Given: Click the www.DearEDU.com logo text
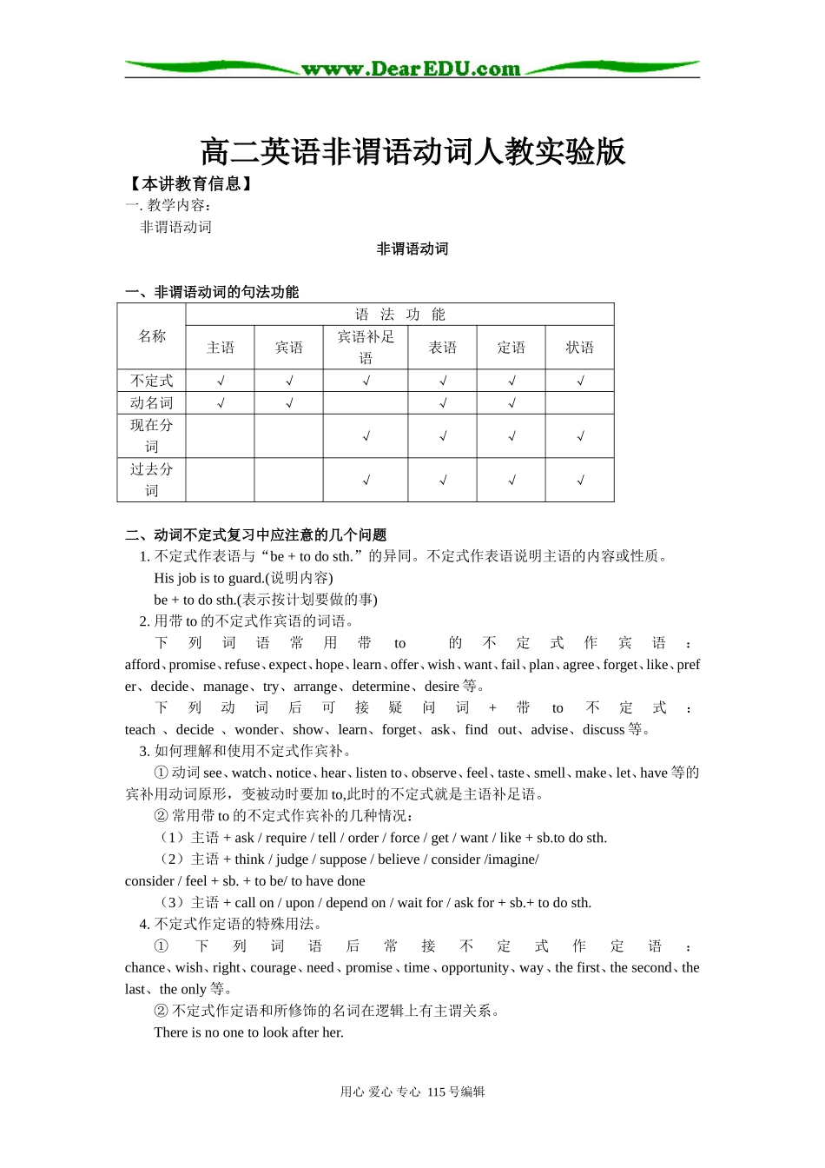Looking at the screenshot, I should click(x=411, y=69).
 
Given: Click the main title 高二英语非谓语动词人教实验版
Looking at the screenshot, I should click(x=412, y=152).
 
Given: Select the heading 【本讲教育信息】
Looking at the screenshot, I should click(x=190, y=184).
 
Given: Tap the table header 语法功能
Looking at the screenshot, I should click(x=399, y=315).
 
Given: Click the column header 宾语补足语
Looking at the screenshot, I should click(x=366, y=347).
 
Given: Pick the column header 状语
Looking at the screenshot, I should click(x=579, y=348).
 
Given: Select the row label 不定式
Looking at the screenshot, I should click(x=152, y=381).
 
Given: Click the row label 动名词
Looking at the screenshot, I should click(x=152, y=403).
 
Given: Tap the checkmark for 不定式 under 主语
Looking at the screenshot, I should click(x=221, y=381).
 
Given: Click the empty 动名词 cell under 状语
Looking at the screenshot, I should click(x=579, y=403).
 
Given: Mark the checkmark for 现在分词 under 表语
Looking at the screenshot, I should click(x=443, y=436).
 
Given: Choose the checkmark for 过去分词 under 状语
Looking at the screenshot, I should click(x=580, y=481).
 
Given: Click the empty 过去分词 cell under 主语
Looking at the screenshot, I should click(x=221, y=481).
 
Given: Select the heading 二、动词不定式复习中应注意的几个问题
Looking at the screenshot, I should click(x=256, y=535).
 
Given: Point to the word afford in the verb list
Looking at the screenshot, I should click(x=142, y=665).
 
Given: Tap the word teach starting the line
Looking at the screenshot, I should click(x=140, y=730).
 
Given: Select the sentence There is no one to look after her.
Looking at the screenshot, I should click(x=248, y=1032).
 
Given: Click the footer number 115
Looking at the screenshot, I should click(x=437, y=1092).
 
